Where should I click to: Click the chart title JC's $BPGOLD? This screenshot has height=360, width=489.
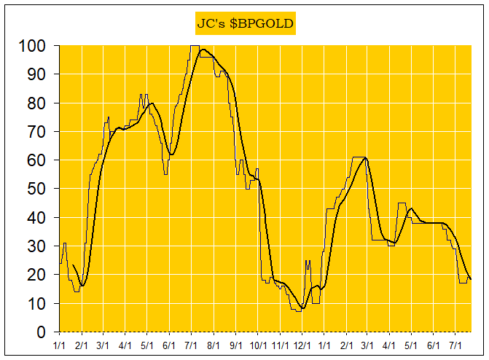pos(245,23)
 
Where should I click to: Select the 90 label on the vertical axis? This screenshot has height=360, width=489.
pos(39,74)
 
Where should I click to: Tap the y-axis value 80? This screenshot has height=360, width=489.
pos(39,103)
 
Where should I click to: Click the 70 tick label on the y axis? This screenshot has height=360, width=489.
pos(39,132)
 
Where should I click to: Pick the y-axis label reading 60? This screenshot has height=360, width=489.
pos(39,160)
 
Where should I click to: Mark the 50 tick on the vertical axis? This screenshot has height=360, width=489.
pos(39,189)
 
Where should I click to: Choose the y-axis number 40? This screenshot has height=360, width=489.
pos(39,218)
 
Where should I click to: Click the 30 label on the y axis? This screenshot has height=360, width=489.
pos(39,246)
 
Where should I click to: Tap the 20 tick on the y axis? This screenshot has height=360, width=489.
pos(39,275)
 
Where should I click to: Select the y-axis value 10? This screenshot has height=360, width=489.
pos(39,303)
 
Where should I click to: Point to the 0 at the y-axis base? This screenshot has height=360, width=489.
pos(42,332)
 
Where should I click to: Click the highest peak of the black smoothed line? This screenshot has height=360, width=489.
pos(203,50)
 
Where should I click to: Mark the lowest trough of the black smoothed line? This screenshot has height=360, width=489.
pos(303,308)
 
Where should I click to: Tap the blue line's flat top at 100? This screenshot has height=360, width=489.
pos(195,46)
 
